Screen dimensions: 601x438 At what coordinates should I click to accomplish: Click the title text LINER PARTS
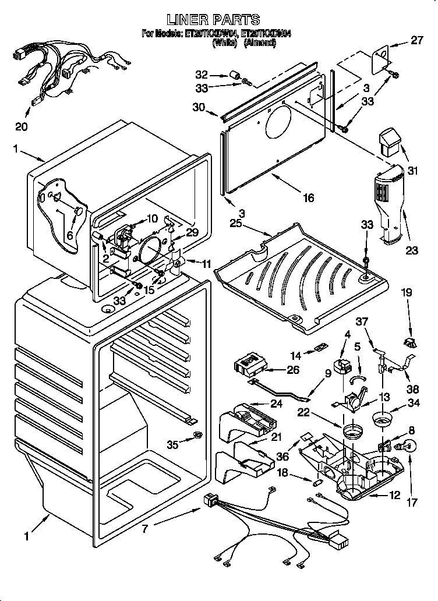[217, 20]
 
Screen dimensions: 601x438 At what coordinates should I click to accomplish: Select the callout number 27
[416, 41]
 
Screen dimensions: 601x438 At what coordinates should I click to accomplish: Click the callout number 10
[152, 218]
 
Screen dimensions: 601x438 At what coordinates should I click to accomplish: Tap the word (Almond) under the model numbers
[259, 42]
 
